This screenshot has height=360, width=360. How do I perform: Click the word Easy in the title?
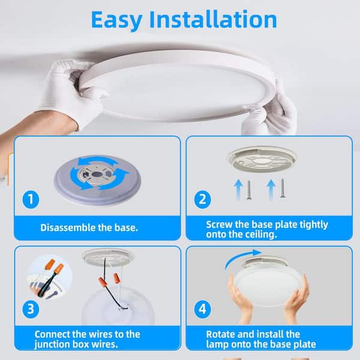pyautogui.click(x=116, y=20)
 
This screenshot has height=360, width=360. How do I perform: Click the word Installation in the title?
pyautogui.click(x=213, y=19)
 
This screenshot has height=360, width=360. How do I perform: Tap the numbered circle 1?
pyautogui.click(x=31, y=200)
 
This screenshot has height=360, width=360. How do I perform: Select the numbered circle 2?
pyautogui.click(x=203, y=200)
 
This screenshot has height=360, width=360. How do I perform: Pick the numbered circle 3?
pyautogui.click(x=31, y=309)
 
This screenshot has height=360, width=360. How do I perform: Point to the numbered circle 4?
pyautogui.click(x=203, y=309)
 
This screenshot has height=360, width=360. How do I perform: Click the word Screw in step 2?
pyautogui.click(x=219, y=224)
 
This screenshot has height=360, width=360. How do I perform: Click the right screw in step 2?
pyautogui.click(x=283, y=188)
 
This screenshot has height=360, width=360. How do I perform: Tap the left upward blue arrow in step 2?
pyautogui.click(x=239, y=190)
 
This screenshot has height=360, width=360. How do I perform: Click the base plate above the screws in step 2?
pyautogui.click(x=262, y=159)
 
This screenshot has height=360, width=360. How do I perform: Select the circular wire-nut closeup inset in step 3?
pyautogui.click(x=50, y=278)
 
